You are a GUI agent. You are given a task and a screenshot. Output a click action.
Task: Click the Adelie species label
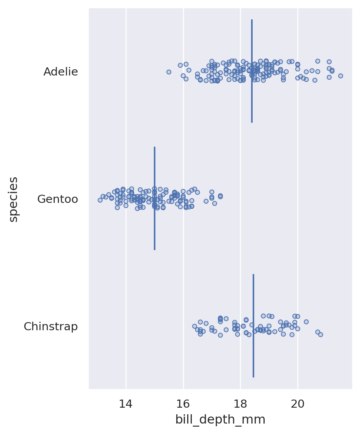[60, 72]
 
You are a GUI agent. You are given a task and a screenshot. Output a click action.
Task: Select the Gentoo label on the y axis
[57, 199]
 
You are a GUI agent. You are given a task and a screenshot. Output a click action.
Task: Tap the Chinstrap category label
[51, 327]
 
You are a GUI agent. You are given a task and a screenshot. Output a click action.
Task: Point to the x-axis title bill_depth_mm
[220, 420]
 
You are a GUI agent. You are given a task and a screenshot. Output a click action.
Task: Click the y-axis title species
[14, 199]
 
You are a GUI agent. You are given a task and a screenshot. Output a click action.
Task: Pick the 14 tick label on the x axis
[126, 404]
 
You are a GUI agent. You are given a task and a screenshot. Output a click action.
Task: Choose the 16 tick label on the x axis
[183, 404]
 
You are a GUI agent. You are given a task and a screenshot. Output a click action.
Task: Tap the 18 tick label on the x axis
[240, 404]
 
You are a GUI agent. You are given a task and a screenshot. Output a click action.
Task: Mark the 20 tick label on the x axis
[298, 404]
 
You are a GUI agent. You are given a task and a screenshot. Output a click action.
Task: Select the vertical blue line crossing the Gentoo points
[155, 232]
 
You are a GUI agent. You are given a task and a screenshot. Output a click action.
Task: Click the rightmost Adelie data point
[341, 76]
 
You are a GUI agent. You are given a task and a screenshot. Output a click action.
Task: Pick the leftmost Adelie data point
[169, 72]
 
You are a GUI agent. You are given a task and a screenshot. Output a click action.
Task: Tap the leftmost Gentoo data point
[100, 200]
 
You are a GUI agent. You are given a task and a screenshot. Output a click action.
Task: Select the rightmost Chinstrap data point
[320, 335]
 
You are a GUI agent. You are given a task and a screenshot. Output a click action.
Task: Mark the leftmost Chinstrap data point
[195, 326]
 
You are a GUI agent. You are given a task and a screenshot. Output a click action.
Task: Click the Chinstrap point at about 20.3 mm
[306, 322]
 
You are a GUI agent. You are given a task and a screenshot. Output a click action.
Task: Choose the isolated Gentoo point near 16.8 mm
[206, 201]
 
